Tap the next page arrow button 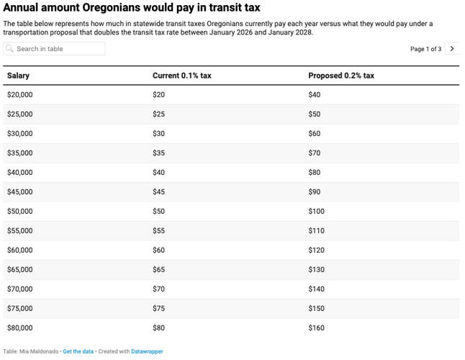coord(452,49)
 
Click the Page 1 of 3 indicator coord(425,49)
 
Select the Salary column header coord(18,76)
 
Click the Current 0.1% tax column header coord(181,76)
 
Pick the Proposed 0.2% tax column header coord(341,76)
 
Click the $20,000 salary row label coord(19,95)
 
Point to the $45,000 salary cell coord(19,192)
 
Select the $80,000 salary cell coord(19,328)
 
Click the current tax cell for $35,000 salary coord(158,153)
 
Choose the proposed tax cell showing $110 coord(316,231)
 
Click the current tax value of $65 coord(158,270)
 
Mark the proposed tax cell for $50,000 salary coord(316,212)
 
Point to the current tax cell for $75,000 coord(158,309)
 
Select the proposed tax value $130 coord(316,270)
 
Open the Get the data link coord(78,351)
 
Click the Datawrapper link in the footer coord(147,351)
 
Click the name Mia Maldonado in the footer coord(40,351)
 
